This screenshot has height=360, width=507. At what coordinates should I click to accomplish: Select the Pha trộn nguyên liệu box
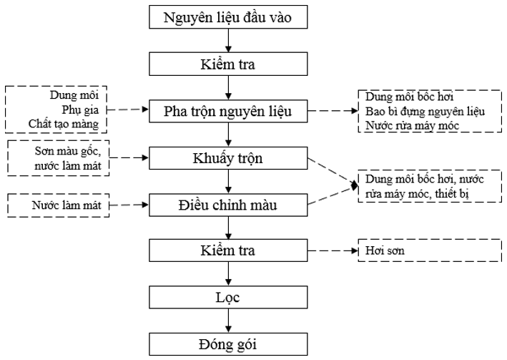point(227,111)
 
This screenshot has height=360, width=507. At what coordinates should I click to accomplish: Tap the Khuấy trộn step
point(227,158)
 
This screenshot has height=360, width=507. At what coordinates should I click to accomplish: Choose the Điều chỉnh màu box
point(227,205)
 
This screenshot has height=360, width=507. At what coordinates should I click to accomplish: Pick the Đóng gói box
point(227,345)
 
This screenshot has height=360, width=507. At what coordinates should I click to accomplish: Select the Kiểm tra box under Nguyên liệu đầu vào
point(227,64)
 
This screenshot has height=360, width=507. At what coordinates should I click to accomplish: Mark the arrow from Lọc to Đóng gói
point(227,321)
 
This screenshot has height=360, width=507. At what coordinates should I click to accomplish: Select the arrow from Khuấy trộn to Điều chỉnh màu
point(227,182)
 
